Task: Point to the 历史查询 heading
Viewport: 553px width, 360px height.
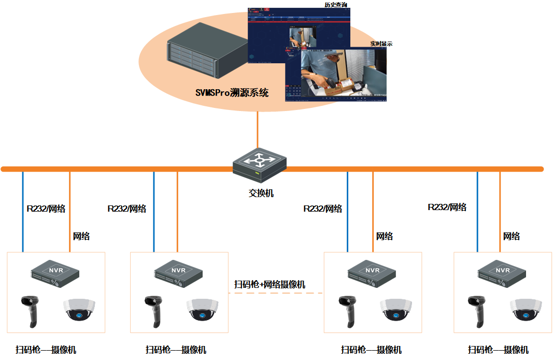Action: (336, 5)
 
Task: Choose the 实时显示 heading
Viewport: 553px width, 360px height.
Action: (381, 44)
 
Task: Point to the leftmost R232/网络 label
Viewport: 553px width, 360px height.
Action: (46, 209)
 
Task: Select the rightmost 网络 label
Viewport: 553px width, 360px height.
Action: (512, 236)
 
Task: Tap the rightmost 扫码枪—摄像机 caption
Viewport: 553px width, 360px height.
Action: (498, 350)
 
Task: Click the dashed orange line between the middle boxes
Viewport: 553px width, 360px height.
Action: (275, 294)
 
